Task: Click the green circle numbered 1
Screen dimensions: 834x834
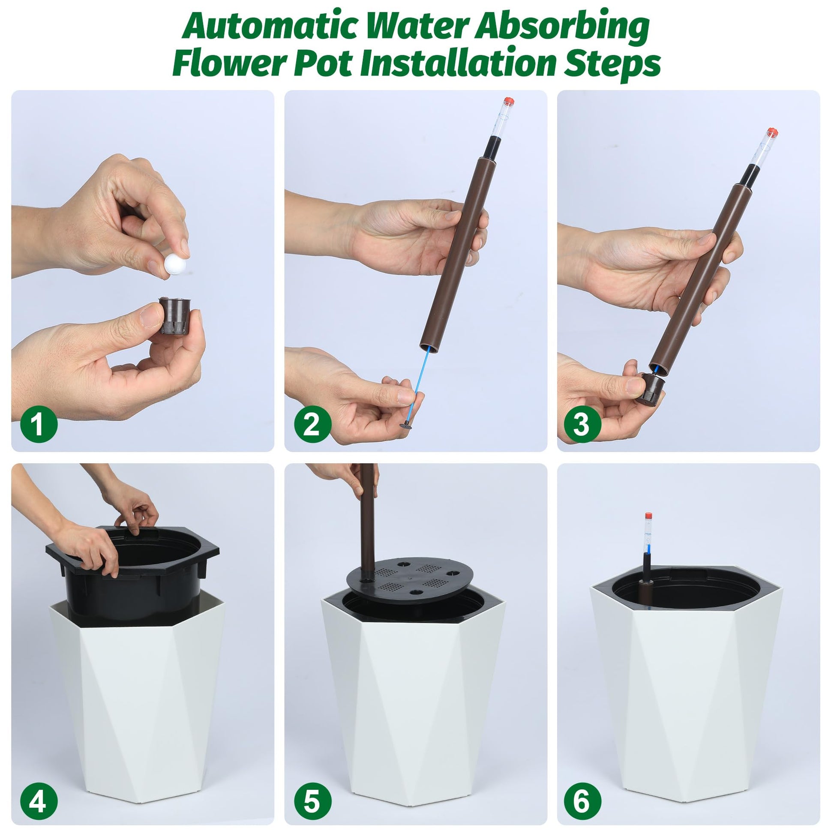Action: pyautogui.click(x=39, y=424)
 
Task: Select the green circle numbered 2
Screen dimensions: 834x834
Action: pyautogui.click(x=312, y=424)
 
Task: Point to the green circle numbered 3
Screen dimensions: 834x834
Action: pyautogui.click(x=582, y=424)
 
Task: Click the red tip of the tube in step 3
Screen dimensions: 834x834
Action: pyautogui.click(x=772, y=132)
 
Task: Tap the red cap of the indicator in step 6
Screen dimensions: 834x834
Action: pyautogui.click(x=648, y=516)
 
